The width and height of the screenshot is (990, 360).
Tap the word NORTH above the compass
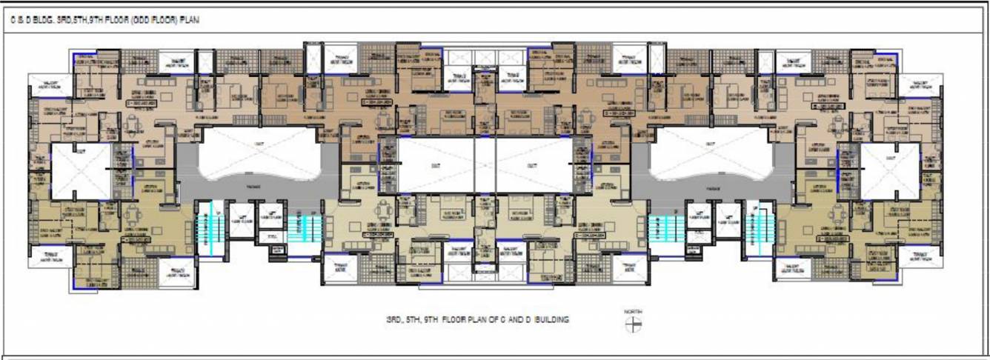click(632, 313)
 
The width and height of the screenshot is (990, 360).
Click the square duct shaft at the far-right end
click(889, 170)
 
